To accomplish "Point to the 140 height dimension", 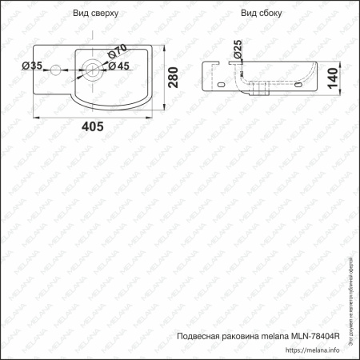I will [342, 76].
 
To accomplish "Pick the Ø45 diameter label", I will [118, 66].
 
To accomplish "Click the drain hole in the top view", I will [93, 68].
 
